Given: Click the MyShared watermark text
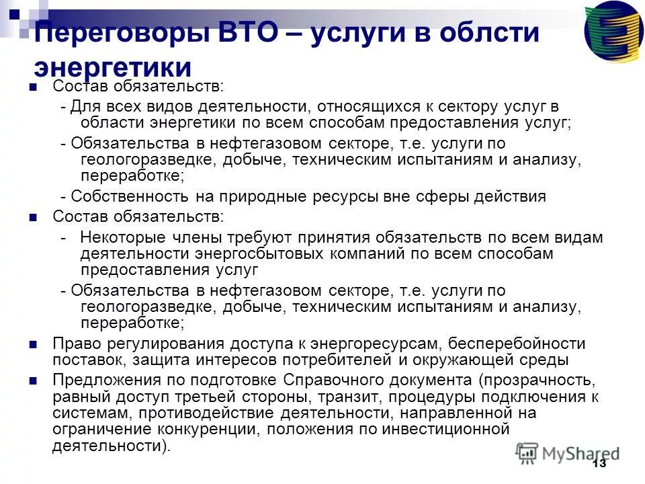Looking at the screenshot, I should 583,452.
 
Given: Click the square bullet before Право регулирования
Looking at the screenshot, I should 34,344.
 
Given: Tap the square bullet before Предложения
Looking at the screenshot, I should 34,380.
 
